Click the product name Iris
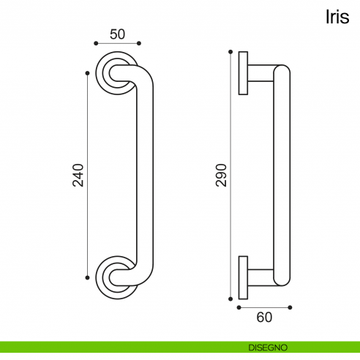337,18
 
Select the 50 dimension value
117,33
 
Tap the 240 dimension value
79,175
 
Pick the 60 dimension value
264,317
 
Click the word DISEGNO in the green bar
267,347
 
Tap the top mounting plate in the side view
243,73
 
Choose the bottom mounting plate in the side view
243,277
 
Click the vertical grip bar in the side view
282,175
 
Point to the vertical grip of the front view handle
146,175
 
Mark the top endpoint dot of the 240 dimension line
88,73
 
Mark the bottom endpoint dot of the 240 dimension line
88,277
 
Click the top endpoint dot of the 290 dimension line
230,51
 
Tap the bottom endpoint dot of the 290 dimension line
230,298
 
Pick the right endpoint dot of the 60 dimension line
290,307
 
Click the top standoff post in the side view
260,73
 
